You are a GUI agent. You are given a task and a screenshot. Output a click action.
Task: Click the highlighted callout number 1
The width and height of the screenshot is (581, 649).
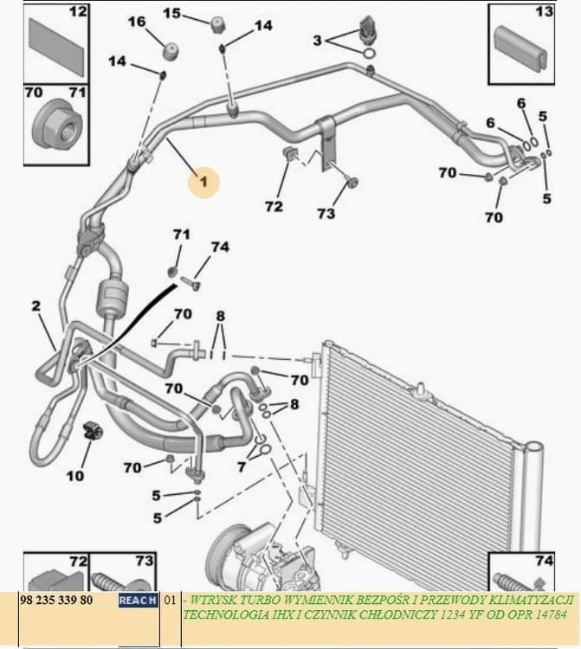[203, 182]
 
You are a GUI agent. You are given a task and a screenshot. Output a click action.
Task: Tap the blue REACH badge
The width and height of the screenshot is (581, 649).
[139, 601]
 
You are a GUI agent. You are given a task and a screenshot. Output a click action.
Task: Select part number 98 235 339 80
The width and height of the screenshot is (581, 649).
[57, 601]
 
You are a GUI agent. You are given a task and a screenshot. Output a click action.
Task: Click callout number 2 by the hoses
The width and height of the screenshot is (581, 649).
[36, 305]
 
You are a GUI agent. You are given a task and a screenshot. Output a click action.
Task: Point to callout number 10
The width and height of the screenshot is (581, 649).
[75, 476]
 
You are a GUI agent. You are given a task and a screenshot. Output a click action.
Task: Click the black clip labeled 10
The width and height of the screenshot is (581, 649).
[92, 431]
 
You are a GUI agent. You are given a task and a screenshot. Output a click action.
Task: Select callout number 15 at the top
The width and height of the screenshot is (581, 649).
[171, 13]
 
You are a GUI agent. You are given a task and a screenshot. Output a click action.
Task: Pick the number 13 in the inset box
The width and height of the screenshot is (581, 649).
[544, 11]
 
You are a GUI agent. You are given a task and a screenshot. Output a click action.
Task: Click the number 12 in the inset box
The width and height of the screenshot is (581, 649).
[77, 11]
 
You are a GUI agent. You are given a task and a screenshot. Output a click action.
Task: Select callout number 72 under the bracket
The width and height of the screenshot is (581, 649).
[274, 207]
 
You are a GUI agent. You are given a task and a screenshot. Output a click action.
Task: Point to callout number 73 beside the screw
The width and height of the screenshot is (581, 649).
[326, 214]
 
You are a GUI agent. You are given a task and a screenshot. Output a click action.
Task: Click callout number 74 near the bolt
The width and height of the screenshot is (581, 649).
[220, 247]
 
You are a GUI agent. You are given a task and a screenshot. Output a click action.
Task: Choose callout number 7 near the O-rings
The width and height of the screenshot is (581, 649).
[241, 467]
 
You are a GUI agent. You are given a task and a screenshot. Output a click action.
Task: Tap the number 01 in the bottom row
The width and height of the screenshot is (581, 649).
[171, 601]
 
